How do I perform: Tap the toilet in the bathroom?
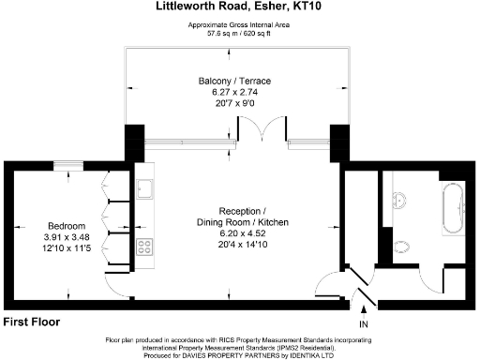[402, 247]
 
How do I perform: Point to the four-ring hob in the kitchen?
[145, 247]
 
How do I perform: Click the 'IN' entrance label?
[364, 324]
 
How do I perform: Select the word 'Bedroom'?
[67, 226]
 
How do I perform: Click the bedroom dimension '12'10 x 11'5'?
[67, 248]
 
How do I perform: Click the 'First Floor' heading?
[31, 322]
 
